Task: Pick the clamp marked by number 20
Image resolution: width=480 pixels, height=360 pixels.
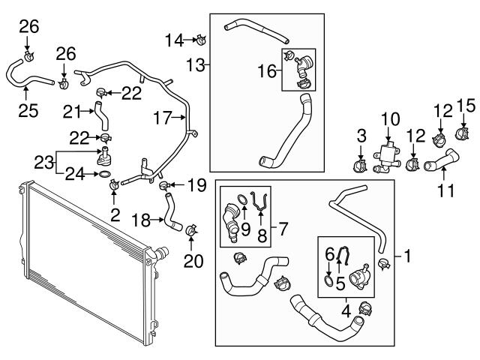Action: point(190,229)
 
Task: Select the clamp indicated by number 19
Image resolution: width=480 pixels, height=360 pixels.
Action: point(161,184)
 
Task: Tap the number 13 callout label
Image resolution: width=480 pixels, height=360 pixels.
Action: point(196,65)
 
